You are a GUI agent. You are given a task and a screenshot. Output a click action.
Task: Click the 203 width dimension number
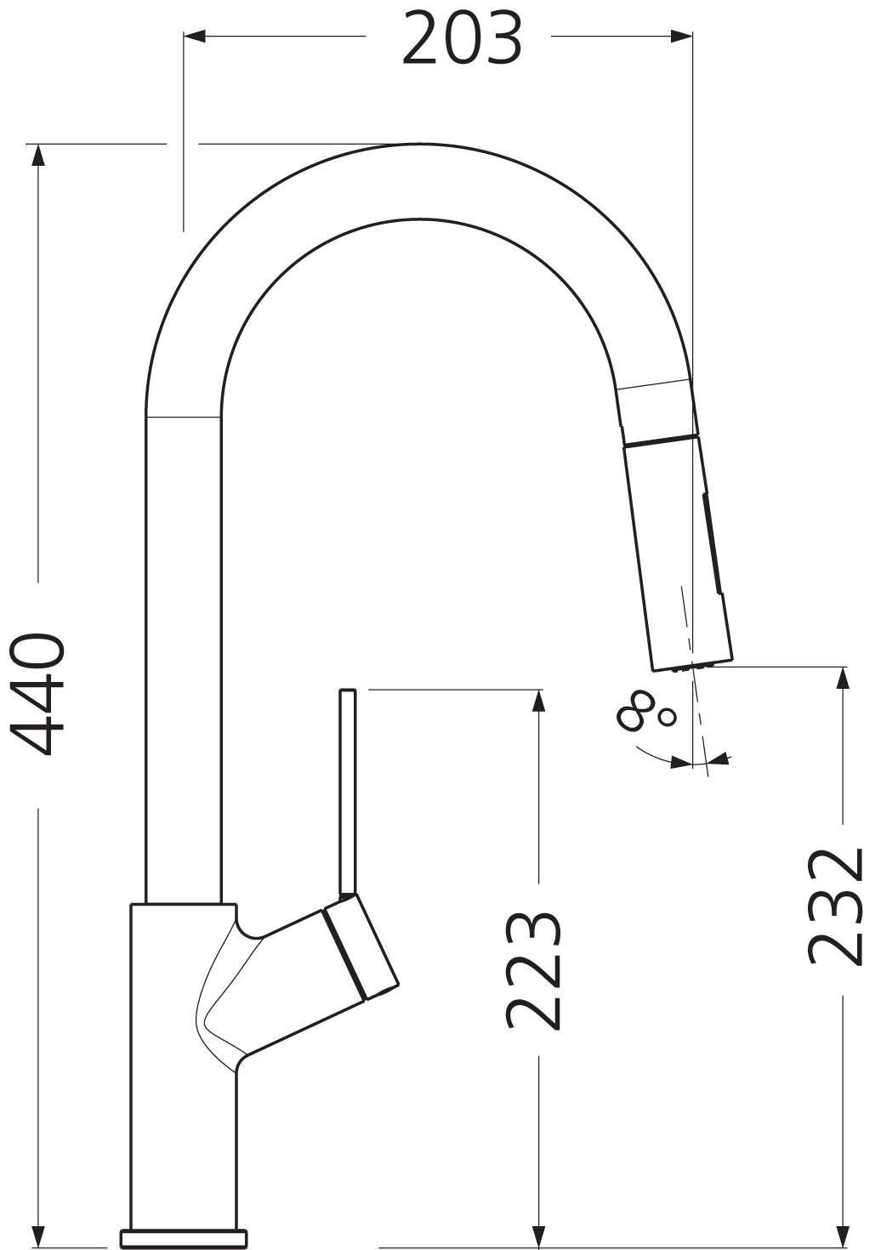pos(462,39)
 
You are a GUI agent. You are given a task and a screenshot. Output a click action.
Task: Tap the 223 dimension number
pos(534,971)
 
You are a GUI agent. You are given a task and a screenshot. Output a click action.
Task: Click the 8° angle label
pos(648,710)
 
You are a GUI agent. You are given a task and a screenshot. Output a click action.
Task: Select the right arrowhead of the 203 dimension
pos(683,36)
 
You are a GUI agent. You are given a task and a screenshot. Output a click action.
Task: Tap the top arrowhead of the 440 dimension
pos(37,155)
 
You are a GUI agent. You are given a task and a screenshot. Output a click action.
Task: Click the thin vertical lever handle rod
pos(347,791)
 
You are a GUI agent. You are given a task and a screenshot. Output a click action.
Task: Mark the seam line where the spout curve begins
pos(184,417)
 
